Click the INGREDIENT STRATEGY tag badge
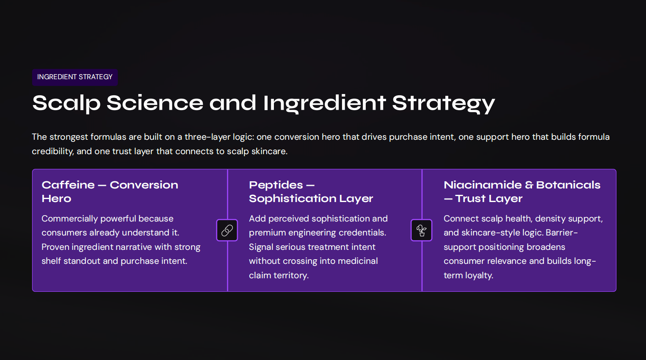point(75,77)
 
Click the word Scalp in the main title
point(66,103)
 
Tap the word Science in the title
point(155,103)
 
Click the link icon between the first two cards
point(227,230)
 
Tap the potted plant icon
point(421,230)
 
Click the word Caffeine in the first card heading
point(68,185)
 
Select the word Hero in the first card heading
point(56,199)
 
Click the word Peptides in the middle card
point(276,185)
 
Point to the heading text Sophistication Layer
point(311,199)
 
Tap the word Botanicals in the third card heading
point(568,185)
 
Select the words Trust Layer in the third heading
point(489,199)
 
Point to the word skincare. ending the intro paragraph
point(269,151)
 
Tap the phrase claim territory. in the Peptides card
point(279,275)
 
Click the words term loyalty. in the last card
point(468,275)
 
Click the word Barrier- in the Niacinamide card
point(561,233)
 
